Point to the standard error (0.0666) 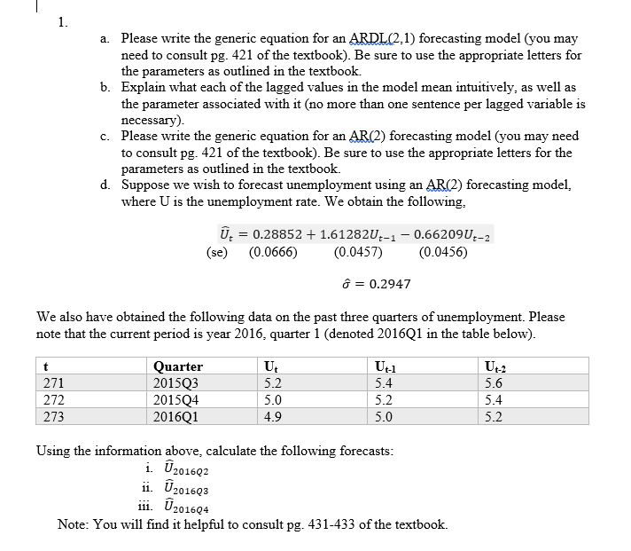click(x=274, y=252)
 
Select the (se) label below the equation click(x=215, y=252)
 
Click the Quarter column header click(x=177, y=366)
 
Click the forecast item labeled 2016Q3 click(x=168, y=489)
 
